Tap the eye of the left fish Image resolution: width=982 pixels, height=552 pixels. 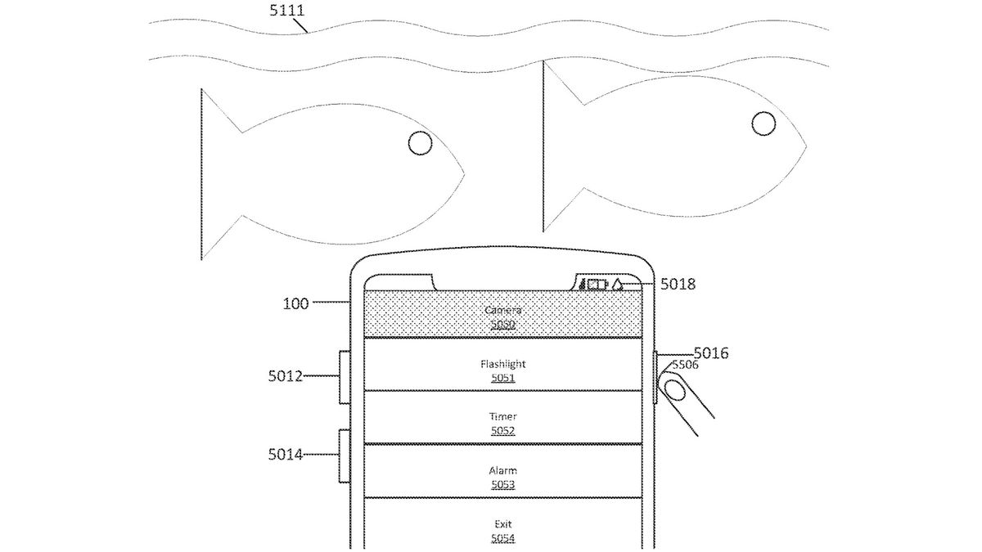[420, 145]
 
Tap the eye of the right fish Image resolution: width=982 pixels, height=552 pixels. [764, 124]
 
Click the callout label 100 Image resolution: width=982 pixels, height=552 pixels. [296, 304]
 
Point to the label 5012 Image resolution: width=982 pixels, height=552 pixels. [285, 377]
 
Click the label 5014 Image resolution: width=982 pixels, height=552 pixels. [285, 454]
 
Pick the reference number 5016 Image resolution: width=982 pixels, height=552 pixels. [710, 353]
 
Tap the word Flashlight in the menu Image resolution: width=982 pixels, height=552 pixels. [503, 364]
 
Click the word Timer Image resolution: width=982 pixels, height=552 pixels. [503, 417]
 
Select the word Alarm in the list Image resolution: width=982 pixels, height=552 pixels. [503, 471]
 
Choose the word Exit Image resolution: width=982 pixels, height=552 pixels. [503, 523]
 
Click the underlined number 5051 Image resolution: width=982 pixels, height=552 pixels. [503, 379]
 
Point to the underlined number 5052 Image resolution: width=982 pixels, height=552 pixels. [503, 431]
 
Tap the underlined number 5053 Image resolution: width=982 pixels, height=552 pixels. [503, 485]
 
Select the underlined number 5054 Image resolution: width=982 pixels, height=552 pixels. [503, 537]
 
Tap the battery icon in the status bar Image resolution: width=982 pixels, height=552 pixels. [597, 285]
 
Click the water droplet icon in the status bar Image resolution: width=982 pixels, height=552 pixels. [618, 285]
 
